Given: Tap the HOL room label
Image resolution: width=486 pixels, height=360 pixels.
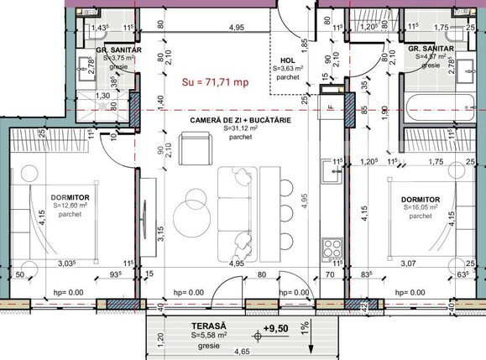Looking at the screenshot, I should (288, 60).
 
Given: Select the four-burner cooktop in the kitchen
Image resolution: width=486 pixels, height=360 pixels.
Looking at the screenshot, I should (332, 248).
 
